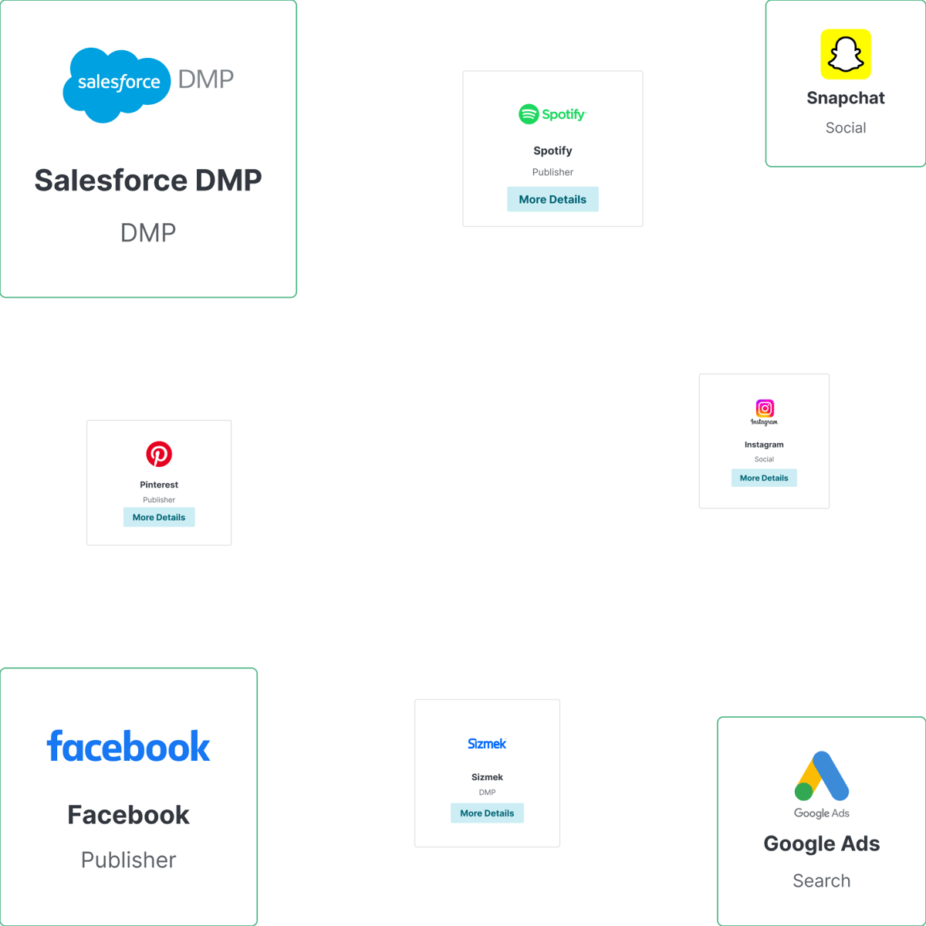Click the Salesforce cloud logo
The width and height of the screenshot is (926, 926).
point(117,83)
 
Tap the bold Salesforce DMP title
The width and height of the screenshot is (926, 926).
point(148,181)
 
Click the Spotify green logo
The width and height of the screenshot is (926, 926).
point(553,114)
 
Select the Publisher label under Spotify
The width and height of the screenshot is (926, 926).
point(553,172)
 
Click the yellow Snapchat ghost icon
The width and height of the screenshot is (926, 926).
point(846,55)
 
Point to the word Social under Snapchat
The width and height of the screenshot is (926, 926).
point(846,128)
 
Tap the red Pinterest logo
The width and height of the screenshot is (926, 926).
point(159,454)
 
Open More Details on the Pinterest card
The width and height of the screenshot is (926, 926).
point(159,517)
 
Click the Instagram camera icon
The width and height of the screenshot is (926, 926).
point(765,408)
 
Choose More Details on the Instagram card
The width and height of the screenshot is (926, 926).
point(764,478)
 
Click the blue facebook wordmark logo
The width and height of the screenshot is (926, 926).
point(128,747)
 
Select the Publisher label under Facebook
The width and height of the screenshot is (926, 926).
point(128,860)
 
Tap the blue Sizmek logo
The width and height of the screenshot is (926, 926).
point(487,744)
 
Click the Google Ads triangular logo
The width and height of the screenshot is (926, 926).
point(822,776)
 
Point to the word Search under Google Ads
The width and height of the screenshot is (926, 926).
point(821,880)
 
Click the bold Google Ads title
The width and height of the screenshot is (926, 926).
point(821,843)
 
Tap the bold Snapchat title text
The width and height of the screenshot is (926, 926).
point(846,98)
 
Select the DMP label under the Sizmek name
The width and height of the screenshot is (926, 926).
point(487,793)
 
